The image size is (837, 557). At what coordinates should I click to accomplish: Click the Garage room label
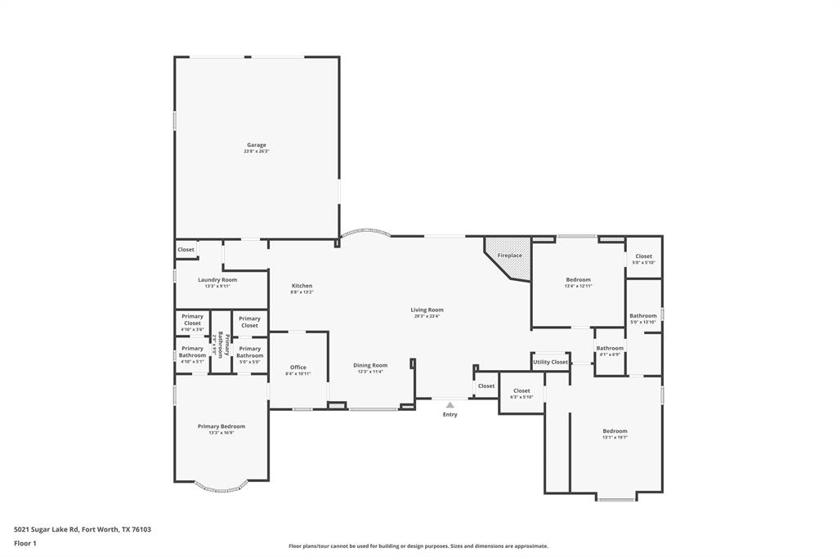(257, 145)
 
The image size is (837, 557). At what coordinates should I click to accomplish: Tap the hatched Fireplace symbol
(508, 256)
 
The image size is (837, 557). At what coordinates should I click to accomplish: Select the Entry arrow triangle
(450, 404)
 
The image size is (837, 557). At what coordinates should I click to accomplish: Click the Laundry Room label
(217, 280)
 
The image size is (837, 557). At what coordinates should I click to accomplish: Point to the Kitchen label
(302, 286)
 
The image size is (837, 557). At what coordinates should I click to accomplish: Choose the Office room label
(298, 368)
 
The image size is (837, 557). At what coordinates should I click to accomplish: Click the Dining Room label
(370, 365)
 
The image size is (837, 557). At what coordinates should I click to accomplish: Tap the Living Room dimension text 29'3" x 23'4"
(427, 316)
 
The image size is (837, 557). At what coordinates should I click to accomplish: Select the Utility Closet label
(550, 362)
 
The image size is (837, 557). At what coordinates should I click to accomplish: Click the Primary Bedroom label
(221, 426)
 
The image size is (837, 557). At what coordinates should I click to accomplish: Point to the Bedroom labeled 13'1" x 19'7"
(615, 431)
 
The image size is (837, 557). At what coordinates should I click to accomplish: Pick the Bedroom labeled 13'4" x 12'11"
(578, 280)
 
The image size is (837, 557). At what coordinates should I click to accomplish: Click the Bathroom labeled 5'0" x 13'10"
(642, 316)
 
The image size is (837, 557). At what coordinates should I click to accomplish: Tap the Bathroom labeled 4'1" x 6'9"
(610, 349)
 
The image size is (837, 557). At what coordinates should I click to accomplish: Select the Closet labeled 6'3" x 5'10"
(521, 391)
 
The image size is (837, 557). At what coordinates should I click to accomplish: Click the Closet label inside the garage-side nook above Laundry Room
(186, 250)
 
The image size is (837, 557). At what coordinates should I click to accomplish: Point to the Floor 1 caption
(25, 543)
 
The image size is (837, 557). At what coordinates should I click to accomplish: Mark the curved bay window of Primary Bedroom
(221, 488)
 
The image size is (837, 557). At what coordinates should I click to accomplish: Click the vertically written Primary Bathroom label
(217, 344)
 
